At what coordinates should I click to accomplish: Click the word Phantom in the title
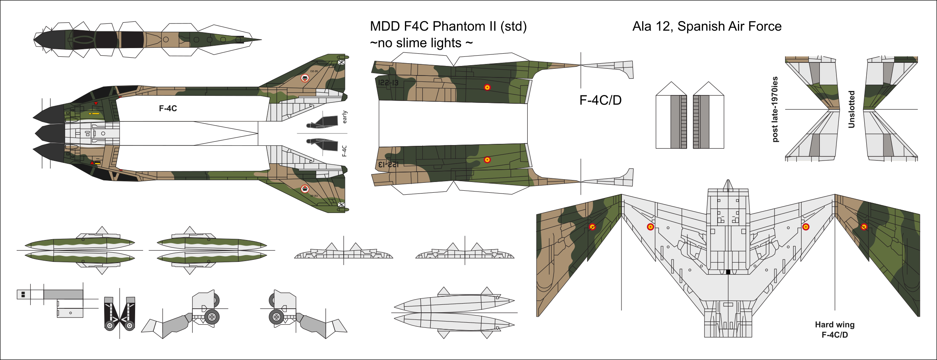click(x=454, y=26)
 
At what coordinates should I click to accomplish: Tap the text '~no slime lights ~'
click(x=421, y=43)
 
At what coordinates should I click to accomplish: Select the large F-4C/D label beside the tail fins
click(x=600, y=100)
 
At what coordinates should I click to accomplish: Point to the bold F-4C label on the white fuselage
click(x=168, y=108)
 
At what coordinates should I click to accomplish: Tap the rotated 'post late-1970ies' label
click(x=775, y=109)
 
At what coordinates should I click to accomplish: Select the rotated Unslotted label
click(x=851, y=109)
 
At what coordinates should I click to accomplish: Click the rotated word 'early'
click(x=345, y=117)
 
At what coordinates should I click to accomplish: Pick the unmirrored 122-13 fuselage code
click(x=388, y=83)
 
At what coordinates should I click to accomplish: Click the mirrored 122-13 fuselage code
click(x=388, y=164)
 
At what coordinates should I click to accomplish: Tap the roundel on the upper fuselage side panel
click(x=487, y=87)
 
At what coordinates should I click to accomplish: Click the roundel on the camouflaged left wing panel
click(x=592, y=227)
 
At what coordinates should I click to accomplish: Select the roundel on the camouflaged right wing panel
click(x=864, y=227)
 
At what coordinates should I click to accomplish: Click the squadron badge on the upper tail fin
click(x=305, y=78)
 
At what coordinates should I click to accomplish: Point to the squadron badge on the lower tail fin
click(x=305, y=189)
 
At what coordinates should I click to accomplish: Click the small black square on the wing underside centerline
click(x=728, y=272)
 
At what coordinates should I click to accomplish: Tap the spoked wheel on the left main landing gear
click(x=212, y=317)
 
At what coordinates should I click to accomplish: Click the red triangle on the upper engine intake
click(x=96, y=103)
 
